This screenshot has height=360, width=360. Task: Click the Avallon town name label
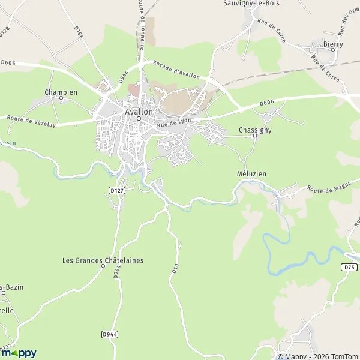point(139,112)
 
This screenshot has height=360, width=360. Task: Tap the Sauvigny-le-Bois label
point(251,3)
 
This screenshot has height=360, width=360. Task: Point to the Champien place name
point(61,92)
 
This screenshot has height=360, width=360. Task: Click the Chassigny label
point(255,129)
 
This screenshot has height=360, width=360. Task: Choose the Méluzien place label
point(251,173)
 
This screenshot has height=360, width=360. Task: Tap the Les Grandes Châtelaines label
point(103,260)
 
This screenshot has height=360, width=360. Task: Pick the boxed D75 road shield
point(351,266)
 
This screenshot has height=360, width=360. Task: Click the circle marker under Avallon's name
point(139,118)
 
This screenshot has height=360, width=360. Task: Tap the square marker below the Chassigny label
point(254,136)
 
